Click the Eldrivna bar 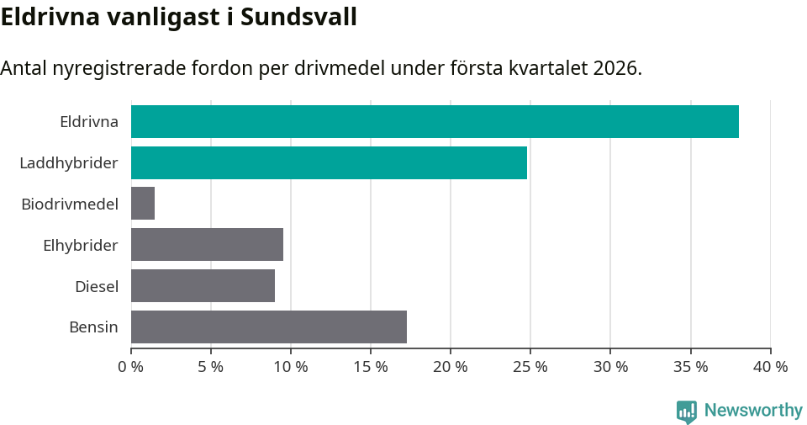click(435, 121)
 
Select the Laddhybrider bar click(329, 162)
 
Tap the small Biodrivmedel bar click(143, 204)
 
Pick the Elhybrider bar click(207, 245)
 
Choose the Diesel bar click(203, 286)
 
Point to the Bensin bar click(269, 327)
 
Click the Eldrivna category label click(89, 121)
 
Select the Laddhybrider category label click(69, 162)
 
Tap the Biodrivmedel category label click(70, 204)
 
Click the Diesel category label click(97, 286)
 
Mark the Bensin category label click(93, 327)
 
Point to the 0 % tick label click(131, 367)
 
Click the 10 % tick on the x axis click(291, 367)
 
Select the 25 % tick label click(530, 367)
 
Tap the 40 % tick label click(770, 367)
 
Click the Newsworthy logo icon click(687, 411)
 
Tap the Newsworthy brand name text click(753, 411)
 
